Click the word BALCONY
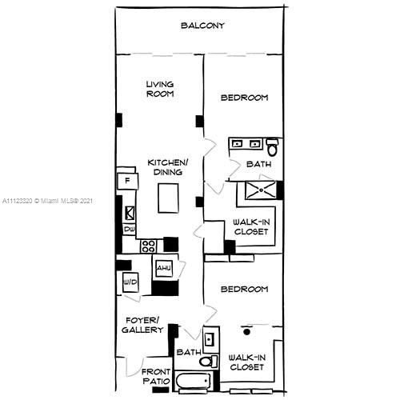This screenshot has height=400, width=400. (202, 26)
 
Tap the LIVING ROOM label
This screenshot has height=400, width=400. (160, 89)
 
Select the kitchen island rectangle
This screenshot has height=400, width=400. (168, 198)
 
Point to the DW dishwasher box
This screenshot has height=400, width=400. (128, 230)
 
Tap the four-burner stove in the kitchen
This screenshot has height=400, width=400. (149, 246)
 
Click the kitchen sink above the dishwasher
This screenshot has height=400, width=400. (129, 213)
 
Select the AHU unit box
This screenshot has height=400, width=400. (164, 268)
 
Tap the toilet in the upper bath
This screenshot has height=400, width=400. (272, 148)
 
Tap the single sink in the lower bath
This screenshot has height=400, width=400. (210, 340)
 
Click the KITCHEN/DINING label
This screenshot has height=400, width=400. (167, 167)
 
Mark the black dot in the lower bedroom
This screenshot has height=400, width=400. (247, 330)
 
